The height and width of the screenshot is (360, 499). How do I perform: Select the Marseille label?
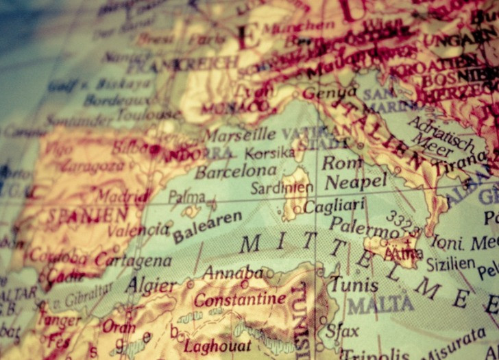239,134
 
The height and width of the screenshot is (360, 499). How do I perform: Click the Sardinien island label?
282,187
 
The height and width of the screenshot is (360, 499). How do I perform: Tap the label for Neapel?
355,182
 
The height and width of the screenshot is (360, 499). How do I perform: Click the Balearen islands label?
207,227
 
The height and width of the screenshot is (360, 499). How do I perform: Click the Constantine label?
239,299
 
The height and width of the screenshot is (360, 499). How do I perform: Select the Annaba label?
232,272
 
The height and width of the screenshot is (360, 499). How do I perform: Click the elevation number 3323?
400,222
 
